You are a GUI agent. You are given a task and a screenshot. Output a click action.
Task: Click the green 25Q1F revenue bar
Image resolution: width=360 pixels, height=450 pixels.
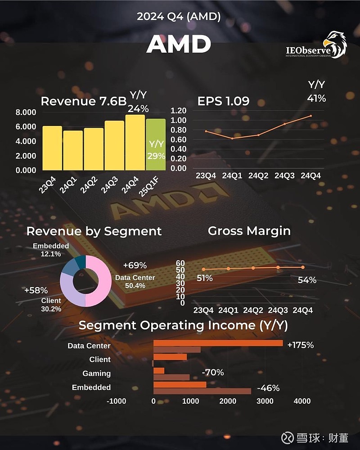click(x=156, y=144)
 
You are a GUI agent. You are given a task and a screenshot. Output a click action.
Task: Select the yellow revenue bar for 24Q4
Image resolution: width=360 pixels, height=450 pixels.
click(x=135, y=142)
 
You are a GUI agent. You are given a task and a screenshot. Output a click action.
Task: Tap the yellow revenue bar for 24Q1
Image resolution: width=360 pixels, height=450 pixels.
click(x=73, y=150)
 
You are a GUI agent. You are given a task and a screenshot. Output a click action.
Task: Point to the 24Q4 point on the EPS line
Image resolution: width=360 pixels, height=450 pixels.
click(x=311, y=116)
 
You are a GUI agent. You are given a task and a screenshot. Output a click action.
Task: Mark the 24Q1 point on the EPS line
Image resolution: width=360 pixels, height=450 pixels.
click(x=232, y=138)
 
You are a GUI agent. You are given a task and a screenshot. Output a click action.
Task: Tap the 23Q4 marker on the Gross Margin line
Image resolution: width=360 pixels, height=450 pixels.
click(x=203, y=269)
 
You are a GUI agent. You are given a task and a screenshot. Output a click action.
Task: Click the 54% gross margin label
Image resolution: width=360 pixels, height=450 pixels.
click(x=307, y=280)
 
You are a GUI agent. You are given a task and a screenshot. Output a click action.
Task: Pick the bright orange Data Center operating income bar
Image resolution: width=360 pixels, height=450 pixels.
click(x=218, y=343)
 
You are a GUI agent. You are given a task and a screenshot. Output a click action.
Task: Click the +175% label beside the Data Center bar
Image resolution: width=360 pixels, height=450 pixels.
click(x=301, y=345)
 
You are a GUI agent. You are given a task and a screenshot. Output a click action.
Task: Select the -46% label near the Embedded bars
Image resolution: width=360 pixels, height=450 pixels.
click(x=268, y=388)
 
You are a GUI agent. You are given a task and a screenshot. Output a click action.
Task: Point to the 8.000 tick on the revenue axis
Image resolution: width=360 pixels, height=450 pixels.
click(x=26, y=112)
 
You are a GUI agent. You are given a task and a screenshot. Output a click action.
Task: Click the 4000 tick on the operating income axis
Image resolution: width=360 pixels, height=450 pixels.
click(x=302, y=401)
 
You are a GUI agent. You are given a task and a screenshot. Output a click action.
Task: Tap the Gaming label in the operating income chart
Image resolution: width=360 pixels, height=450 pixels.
click(x=96, y=373)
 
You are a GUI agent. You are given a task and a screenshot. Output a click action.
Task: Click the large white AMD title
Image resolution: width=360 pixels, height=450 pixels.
click(x=179, y=44)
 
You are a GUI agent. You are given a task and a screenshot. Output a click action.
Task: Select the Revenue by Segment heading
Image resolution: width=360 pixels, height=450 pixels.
click(x=94, y=231)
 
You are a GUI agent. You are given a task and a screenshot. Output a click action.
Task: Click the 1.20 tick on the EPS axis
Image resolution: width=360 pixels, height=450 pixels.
click(x=179, y=111)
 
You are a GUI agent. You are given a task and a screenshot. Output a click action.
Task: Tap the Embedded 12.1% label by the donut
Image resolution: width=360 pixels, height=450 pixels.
click(x=51, y=250)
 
